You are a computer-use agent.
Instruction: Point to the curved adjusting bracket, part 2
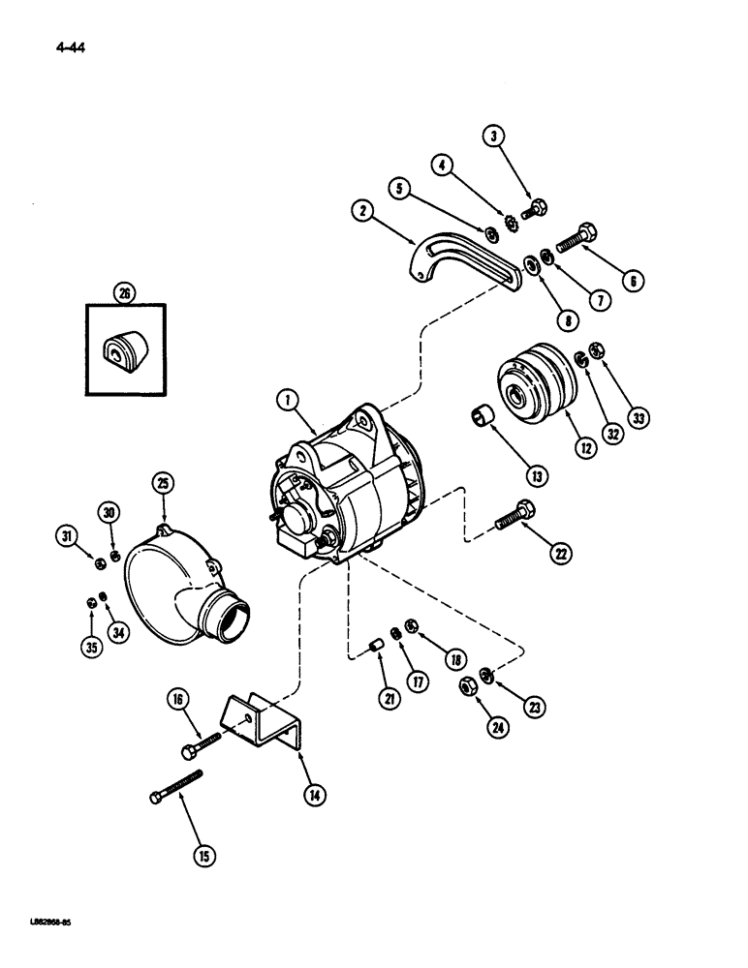(x=455, y=253)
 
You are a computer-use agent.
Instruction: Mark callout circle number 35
(x=92, y=648)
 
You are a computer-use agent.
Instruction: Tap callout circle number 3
(x=496, y=138)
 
